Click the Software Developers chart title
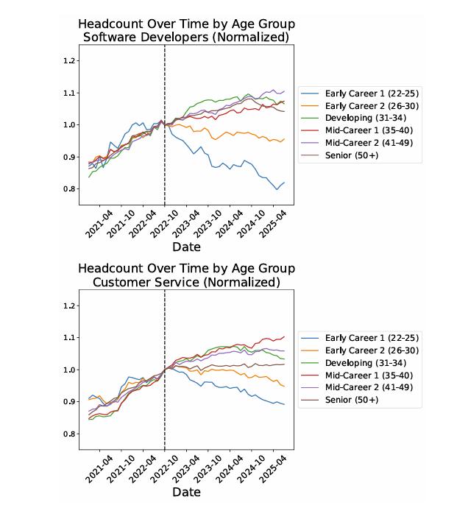click(186, 30)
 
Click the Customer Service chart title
click(186, 275)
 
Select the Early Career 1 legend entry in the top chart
click(361, 94)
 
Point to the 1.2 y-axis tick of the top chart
click(70, 60)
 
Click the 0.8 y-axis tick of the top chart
click(70, 189)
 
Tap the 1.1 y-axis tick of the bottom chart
click(70, 337)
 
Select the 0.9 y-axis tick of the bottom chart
click(70, 402)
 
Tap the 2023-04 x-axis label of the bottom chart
click(186, 467)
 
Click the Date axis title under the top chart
click(186, 247)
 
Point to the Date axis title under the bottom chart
click(186, 491)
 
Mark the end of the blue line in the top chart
click(284, 183)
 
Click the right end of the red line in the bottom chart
click(284, 336)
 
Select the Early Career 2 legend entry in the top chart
click(361, 106)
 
